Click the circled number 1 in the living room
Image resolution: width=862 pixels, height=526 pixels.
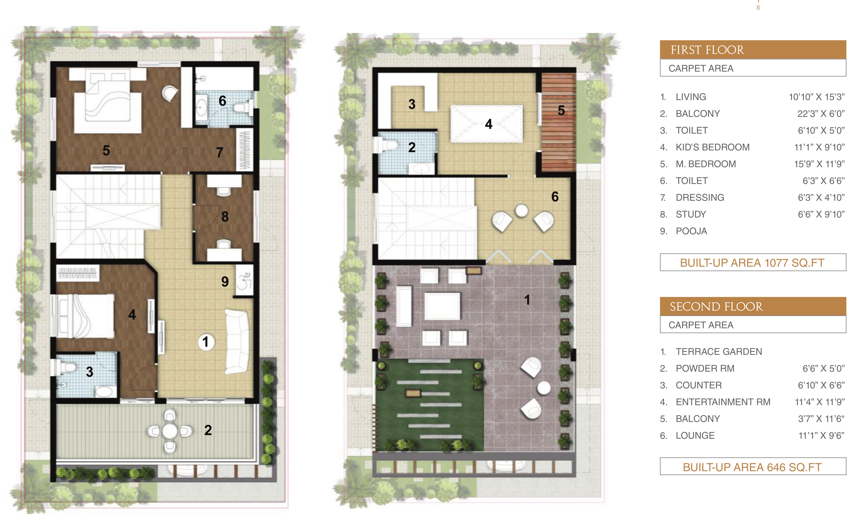[x=206, y=342]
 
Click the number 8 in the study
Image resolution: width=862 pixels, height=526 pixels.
[x=225, y=217]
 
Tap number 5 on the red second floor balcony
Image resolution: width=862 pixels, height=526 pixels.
[x=561, y=110]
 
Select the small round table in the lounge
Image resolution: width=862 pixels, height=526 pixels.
[x=521, y=211]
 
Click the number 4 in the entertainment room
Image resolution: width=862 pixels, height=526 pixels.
[x=489, y=124]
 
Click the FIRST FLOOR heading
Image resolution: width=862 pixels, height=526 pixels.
[x=707, y=50]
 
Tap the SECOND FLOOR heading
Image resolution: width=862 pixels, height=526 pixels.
[x=716, y=307]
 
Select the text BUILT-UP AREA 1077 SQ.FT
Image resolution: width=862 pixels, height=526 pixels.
[x=752, y=263]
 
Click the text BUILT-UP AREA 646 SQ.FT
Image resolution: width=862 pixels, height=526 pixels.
[x=752, y=467]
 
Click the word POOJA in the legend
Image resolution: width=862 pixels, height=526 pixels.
[x=691, y=231]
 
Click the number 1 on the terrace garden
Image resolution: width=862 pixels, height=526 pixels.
[x=527, y=300]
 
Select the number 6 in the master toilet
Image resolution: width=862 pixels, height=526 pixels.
[x=222, y=101]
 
